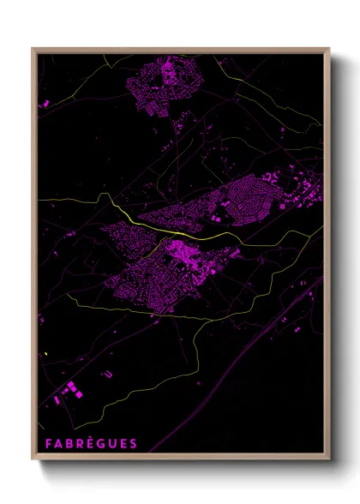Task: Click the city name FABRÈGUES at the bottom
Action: (88, 444)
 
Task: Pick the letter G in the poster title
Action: (99, 444)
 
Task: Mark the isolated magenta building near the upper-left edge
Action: (43, 103)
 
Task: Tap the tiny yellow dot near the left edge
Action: (44, 354)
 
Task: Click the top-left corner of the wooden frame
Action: (33, 49)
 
